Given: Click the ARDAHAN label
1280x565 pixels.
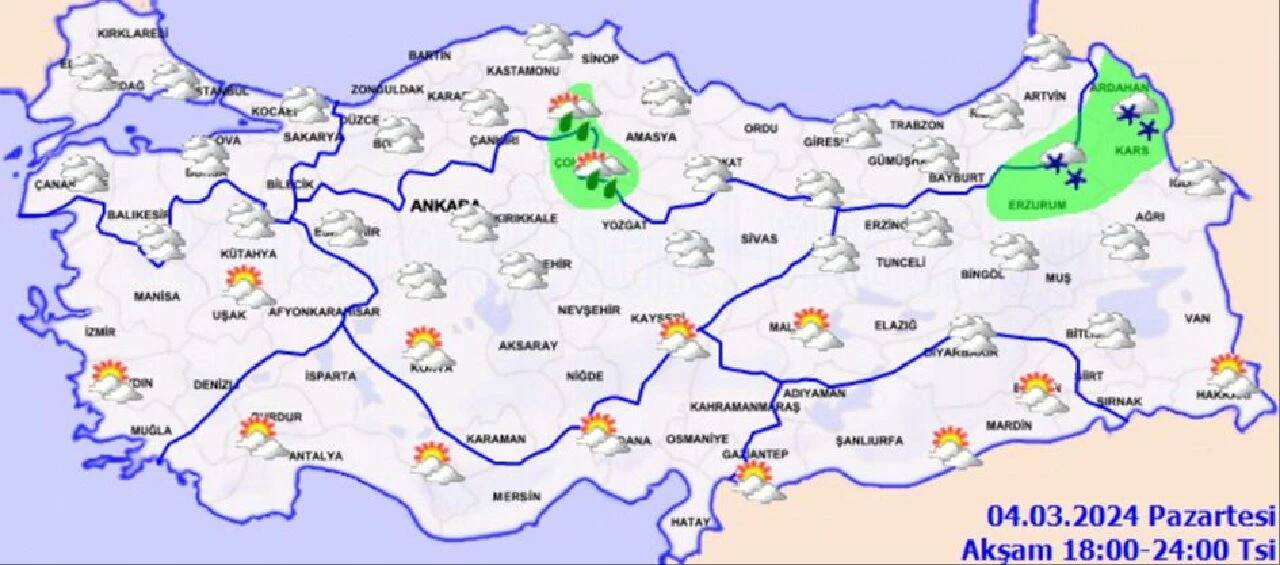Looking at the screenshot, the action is [1118, 88].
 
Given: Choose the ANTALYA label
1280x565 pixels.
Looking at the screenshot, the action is [315, 456].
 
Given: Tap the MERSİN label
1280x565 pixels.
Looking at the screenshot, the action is [516, 497].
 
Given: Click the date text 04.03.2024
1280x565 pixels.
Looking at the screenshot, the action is [1062, 517].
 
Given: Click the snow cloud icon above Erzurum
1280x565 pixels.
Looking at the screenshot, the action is [1064, 167].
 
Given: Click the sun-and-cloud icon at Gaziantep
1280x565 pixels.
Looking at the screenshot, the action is [758, 481].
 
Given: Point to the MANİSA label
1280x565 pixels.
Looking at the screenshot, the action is [157, 297].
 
